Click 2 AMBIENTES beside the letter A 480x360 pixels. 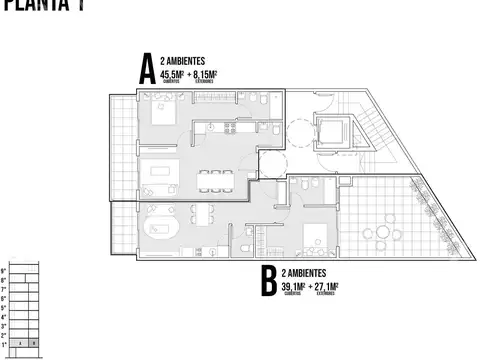coord(185,60)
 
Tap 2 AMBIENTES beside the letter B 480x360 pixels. coord(309,273)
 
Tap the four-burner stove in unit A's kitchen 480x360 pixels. coord(229,127)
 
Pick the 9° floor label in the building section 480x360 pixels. coord(4,271)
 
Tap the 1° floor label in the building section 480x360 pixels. coord(4,343)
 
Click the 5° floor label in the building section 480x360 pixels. coord(4,307)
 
